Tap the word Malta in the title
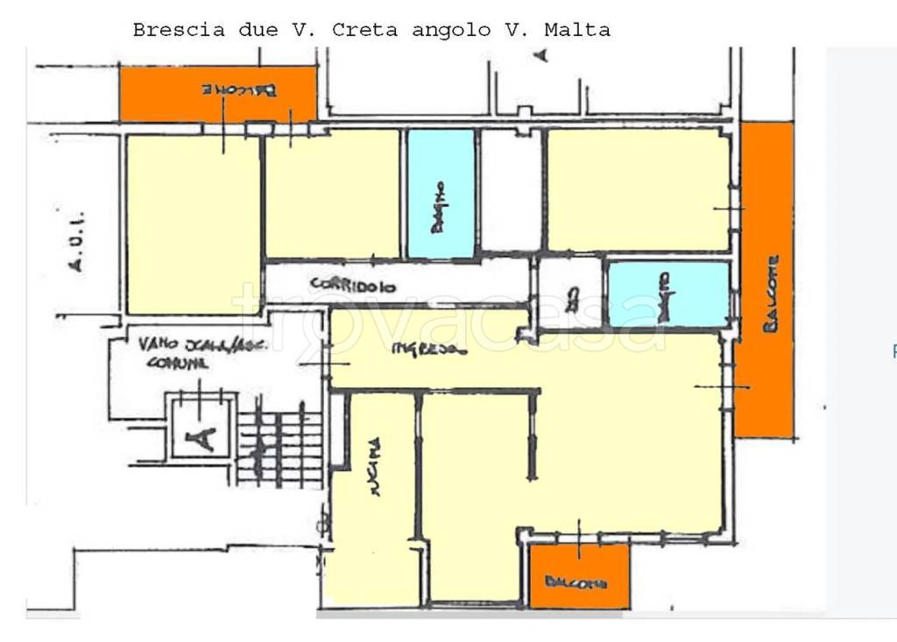(x=577, y=30)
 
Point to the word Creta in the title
(x=364, y=30)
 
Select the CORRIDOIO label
(x=353, y=285)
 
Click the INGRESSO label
(x=429, y=349)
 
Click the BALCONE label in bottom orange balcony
(x=576, y=582)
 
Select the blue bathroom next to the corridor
(x=441, y=194)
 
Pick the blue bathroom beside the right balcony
(x=668, y=294)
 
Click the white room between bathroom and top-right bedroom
(x=510, y=191)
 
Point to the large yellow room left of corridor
(x=193, y=223)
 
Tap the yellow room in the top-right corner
(x=638, y=189)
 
